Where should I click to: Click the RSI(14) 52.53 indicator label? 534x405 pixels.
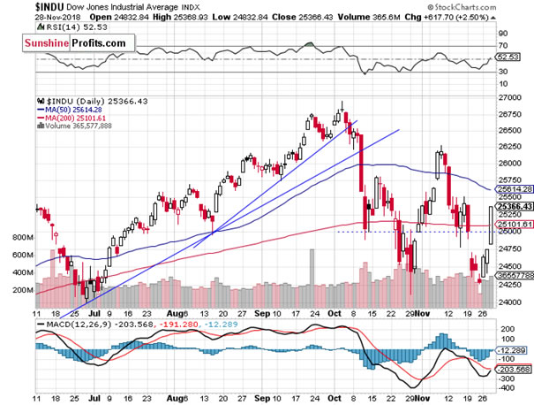pos(69,30)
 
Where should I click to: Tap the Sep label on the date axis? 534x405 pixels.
pos(261,313)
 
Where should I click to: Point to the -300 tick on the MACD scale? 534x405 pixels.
pos(506,388)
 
